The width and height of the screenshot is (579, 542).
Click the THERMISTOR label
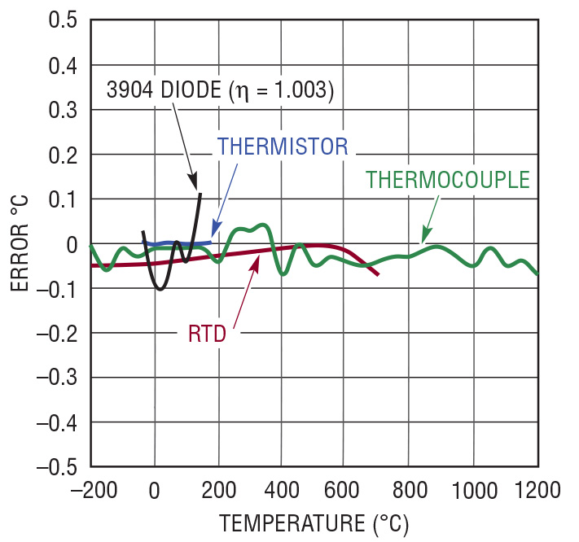tap(282, 147)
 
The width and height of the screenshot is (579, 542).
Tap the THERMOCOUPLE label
tap(448, 178)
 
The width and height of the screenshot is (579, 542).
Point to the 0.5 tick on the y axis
tap(62, 20)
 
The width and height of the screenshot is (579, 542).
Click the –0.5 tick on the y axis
tap(56, 466)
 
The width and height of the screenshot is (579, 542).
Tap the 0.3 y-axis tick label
tap(62, 109)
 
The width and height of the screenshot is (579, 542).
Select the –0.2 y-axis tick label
tap(56, 333)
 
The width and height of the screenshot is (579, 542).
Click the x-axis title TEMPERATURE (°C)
tap(314, 521)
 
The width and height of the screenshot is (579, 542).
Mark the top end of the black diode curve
tap(200, 194)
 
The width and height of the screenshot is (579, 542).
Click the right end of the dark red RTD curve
tap(378, 275)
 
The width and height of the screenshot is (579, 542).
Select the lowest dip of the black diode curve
tap(160, 288)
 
